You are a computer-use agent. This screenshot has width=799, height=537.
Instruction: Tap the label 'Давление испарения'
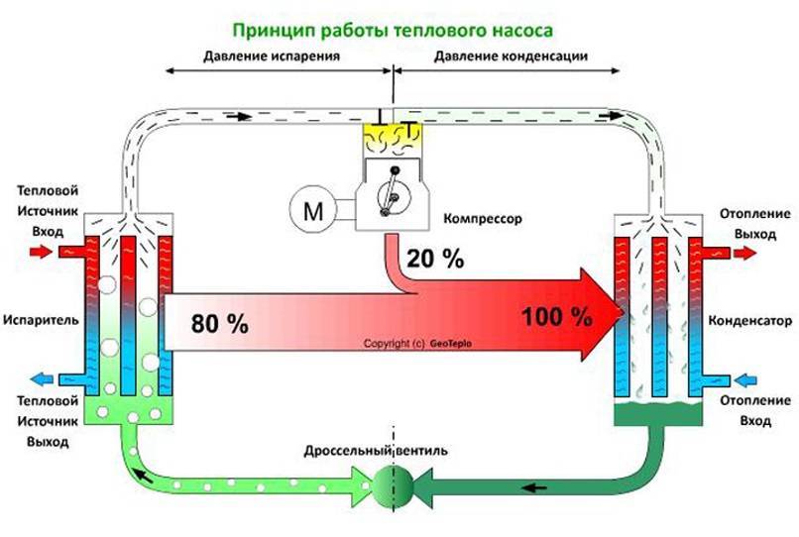[x=272, y=56]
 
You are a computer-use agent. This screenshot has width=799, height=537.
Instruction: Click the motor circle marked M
[x=311, y=210]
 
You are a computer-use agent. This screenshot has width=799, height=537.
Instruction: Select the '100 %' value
[x=555, y=317]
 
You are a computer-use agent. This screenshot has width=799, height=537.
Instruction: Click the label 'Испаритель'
[x=35, y=321]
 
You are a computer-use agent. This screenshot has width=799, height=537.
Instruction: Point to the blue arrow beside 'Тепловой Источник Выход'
[x=42, y=377]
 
